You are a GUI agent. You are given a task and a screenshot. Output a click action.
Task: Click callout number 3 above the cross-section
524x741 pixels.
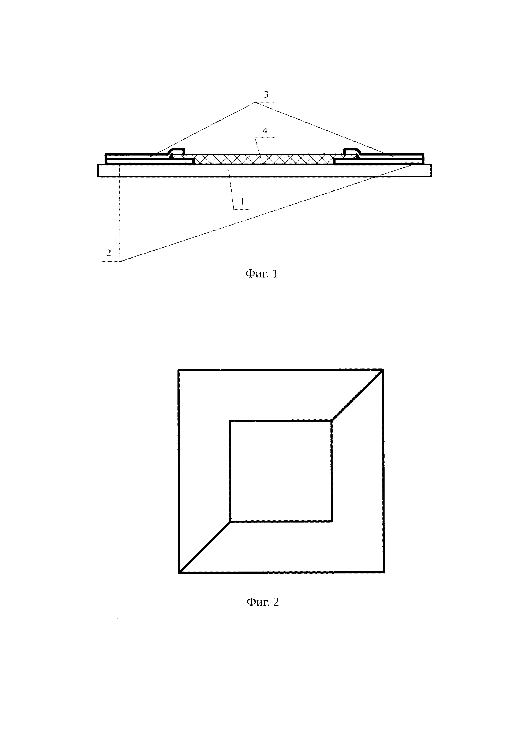click(266, 95)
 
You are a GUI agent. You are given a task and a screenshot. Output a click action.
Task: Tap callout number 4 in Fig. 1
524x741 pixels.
click(265, 131)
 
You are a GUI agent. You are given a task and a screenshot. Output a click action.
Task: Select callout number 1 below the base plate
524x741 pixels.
click(243, 201)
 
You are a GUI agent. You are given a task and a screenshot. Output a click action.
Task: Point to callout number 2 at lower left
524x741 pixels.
click(108, 253)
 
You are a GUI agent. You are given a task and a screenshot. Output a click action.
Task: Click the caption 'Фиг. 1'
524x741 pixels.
click(262, 274)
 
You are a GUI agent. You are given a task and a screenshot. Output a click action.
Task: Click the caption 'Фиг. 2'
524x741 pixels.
click(262, 602)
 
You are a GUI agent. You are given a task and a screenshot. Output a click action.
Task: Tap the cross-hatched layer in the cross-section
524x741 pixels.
click(264, 159)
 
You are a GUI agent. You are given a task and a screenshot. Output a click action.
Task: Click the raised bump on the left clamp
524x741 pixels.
click(177, 151)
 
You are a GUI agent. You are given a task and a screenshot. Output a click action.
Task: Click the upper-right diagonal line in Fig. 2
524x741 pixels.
click(358, 395)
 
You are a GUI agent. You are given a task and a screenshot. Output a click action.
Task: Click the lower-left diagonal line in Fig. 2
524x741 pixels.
click(204, 547)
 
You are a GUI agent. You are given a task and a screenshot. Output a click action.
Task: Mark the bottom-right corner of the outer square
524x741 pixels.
click(384, 573)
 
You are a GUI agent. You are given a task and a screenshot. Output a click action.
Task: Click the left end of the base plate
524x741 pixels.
click(98, 170)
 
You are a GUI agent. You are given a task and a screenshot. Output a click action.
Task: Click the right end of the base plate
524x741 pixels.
click(432, 170)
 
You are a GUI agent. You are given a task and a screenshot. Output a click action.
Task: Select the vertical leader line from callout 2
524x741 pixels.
click(120, 213)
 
